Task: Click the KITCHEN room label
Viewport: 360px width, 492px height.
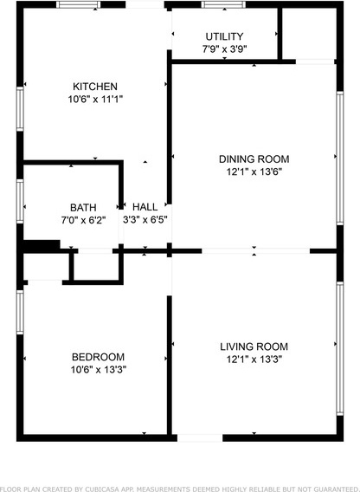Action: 95,87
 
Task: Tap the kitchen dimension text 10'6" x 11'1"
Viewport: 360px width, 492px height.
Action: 95,99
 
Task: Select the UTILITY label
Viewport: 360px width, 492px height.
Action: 224,36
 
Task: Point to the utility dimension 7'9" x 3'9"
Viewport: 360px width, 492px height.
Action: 224,49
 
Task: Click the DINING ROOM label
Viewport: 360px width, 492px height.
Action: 254,159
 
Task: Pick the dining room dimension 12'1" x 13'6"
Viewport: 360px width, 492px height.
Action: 254,172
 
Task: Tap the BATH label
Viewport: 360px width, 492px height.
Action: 83,207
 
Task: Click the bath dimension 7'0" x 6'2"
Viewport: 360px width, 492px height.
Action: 83,220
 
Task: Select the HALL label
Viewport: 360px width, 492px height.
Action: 145,207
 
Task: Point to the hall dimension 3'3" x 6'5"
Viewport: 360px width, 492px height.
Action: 145,219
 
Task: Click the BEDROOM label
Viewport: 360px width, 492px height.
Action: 98,357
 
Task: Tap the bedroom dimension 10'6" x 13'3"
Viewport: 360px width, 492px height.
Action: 99,369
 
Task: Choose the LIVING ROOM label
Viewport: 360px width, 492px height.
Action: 254,346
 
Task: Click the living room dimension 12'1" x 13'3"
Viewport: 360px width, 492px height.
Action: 254,359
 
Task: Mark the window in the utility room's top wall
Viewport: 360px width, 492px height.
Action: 223,4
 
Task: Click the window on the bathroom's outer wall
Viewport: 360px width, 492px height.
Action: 20,201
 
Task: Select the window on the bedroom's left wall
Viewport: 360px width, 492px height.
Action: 20,312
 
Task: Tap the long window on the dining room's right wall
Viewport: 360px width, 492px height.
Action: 340,159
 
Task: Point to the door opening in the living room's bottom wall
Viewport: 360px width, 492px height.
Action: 200,437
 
